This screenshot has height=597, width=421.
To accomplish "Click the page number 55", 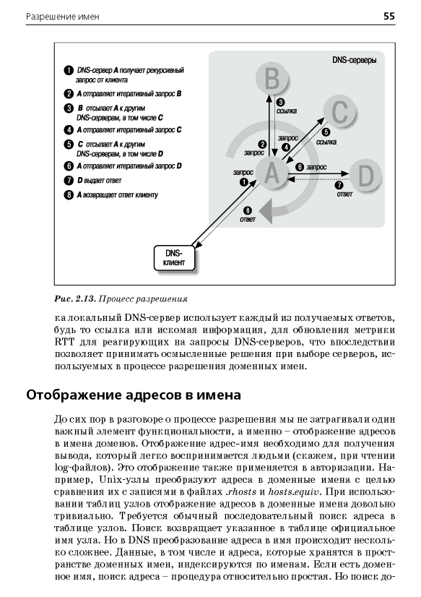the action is click(389, 16).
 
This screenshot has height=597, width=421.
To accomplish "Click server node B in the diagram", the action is click(272, 80).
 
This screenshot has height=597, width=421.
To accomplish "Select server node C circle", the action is click(339, 111).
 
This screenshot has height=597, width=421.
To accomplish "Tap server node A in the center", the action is click(272, 173).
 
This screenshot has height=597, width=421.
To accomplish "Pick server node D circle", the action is click(365, 176).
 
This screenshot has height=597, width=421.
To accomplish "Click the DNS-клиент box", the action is click(175, 258).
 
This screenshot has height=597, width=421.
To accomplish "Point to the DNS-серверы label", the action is click(355, 60).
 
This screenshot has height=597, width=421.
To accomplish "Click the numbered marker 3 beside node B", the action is click(280, 103).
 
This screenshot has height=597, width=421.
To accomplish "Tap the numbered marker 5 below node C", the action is click(326, 132).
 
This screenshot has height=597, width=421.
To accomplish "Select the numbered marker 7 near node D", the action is click(339, 186).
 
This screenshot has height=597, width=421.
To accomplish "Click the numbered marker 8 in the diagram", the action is click(248, 210).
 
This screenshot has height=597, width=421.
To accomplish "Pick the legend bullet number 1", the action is click(69, 71).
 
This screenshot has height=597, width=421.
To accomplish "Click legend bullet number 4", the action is click(69, 130).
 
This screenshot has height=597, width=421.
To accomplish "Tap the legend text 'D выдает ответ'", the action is click(99, 181).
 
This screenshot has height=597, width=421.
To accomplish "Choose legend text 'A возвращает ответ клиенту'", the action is click(117, 195).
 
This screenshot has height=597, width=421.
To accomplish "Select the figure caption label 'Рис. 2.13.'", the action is click(74, 299).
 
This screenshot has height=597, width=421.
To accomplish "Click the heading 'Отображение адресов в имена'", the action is click(134, 395).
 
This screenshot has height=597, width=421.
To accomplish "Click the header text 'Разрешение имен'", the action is click(63, 17).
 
